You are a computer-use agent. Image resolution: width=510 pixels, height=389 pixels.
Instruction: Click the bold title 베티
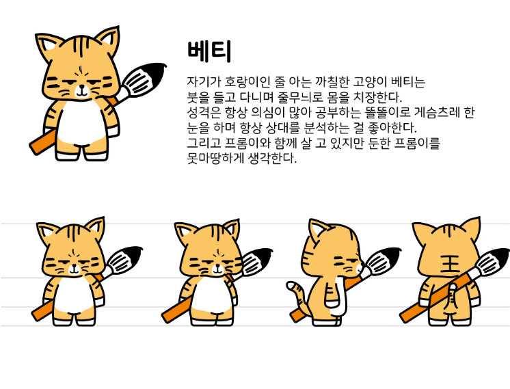[x=209, y=51]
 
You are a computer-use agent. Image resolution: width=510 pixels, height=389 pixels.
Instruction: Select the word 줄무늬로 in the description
[x=298, y=97]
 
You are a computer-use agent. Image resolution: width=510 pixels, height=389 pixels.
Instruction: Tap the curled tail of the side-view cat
[x=297, y=293]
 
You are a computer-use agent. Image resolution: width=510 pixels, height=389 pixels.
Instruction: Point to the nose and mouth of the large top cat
[x=81, y=90]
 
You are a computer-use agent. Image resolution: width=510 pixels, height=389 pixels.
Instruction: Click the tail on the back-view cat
[x=453, y=297]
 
